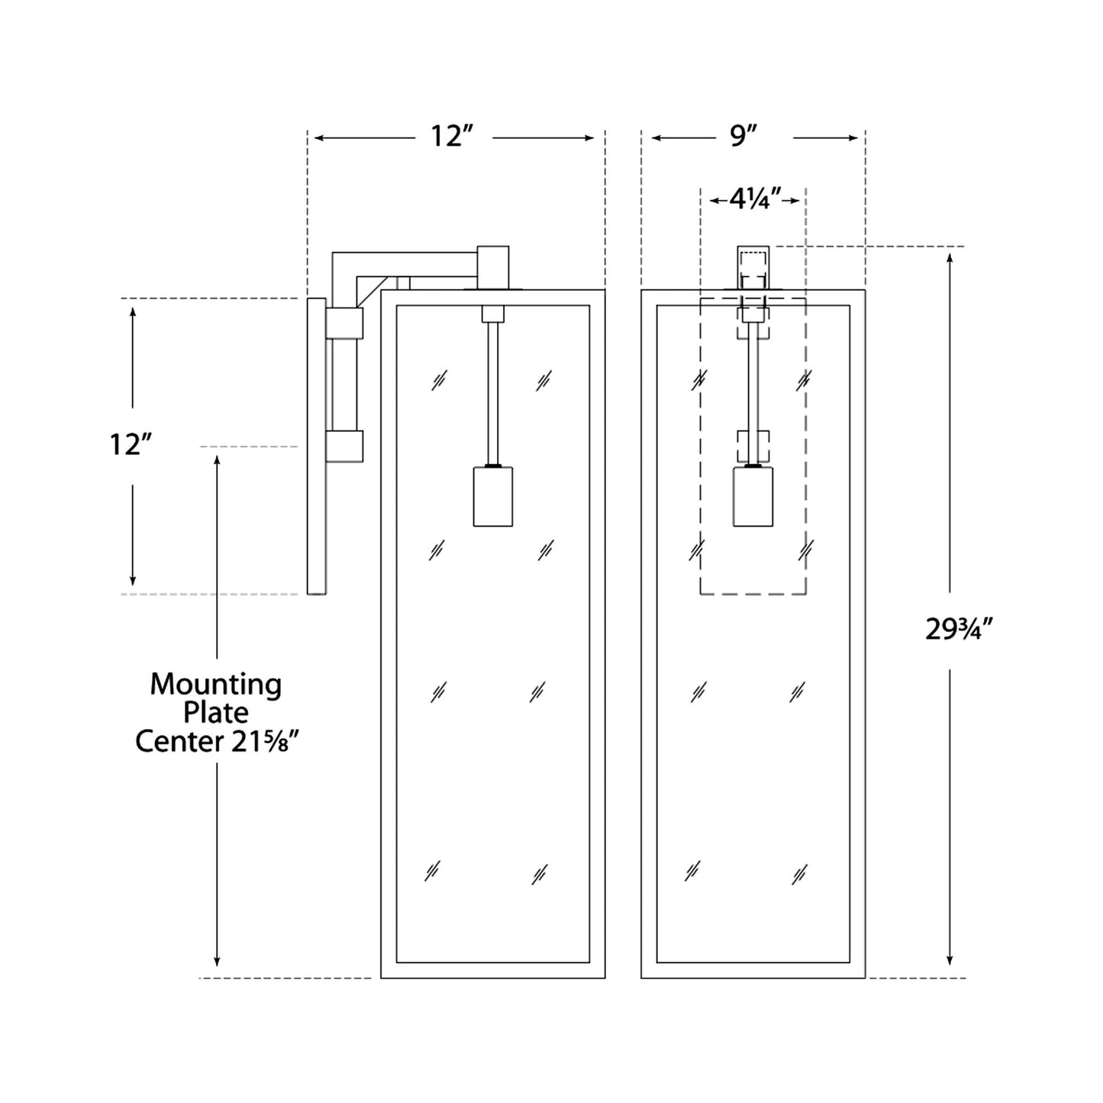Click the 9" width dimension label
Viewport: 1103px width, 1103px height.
point(743,137)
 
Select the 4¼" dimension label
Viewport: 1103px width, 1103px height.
point(754,200)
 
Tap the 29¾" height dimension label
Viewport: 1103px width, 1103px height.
point(958,630)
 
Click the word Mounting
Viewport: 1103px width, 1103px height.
point(215,685)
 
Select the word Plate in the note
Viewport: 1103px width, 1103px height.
point(215,713)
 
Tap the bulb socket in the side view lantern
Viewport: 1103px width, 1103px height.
point(492,496)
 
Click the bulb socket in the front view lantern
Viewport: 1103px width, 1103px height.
point(753,496)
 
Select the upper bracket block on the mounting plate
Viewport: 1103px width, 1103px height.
point(345,324)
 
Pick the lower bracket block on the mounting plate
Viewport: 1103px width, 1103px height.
point(345,447)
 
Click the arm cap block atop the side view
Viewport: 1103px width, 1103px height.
point(493,267)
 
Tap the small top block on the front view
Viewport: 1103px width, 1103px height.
point(753,266)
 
